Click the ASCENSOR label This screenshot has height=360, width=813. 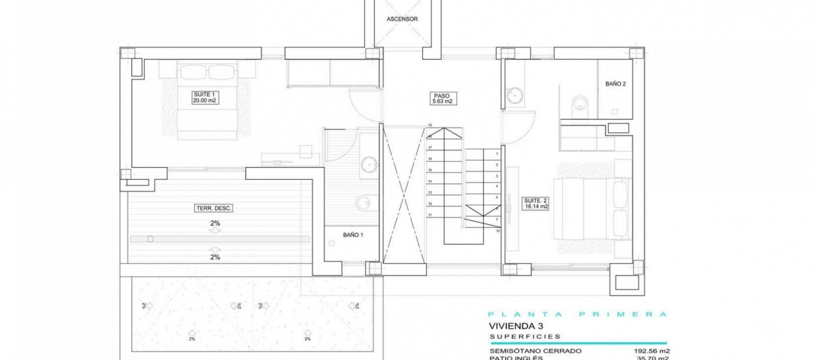tap(402, 19)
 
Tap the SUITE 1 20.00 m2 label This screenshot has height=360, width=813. tap(205, 97)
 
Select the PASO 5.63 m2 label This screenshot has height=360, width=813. tap(442, 98)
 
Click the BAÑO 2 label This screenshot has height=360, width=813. tap(615, 84)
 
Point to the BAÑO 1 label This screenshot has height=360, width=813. tap(353, 235)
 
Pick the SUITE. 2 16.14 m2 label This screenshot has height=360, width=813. tap(536, 204)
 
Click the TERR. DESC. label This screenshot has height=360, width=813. tap(214, 208)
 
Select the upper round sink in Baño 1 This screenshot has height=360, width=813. tap(370, 163)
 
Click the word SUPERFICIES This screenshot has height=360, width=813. tap(525, 337)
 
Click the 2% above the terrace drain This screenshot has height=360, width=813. tap(215, 223)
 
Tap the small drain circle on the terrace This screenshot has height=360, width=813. tap(150, 239)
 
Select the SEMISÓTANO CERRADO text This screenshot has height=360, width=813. tap(535, 351)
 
